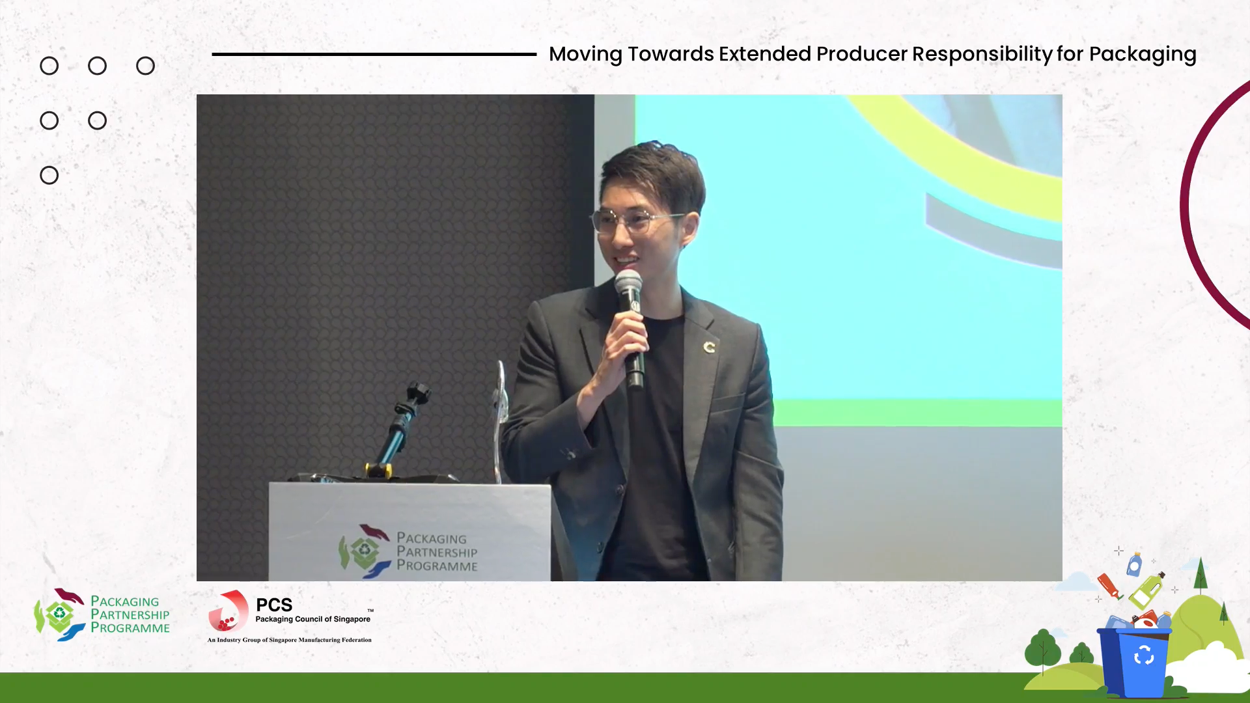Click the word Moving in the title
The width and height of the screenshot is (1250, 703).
click(x=585, y=55)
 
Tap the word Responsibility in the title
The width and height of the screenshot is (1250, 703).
click(x=982, y=55)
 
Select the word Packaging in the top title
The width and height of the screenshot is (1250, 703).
click(x=1143, y=55)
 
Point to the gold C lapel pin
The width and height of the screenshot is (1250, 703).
click(x=709, y=347)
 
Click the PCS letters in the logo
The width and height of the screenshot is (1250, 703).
click(x=274, y=605)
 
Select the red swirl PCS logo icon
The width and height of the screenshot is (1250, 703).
click(x=228, y=611)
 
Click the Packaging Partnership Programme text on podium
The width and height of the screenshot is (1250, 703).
click(x=437, y=552)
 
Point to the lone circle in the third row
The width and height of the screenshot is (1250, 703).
click(x=49, y=175)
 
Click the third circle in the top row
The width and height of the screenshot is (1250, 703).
click(x=145, y=66)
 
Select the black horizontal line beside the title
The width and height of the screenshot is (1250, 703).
click(x=374, y=54)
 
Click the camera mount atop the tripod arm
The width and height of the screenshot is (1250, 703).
click(x=417, y=393)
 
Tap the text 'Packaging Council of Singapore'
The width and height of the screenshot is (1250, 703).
click(x=312, y=619)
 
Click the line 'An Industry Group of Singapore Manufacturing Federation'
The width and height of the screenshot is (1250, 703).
click(x=289, y=640)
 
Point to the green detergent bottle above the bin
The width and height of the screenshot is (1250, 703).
click(x=1146, y=591)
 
